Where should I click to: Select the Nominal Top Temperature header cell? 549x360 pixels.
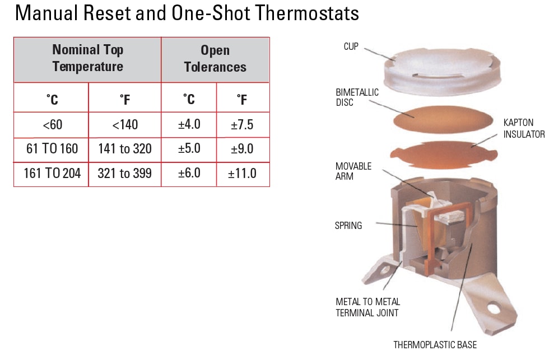pos(87,58)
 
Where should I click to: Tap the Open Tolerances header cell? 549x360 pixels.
pos(215,58)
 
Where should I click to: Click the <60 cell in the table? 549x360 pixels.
pos(52,124)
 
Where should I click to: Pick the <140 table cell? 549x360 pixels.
pos(125,124)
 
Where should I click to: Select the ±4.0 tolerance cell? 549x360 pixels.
pos(189,124)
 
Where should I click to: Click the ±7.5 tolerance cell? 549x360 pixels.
pos(242,124)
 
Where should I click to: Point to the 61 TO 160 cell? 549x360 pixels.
pos(52,149)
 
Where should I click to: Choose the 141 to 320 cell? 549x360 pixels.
pos(125,149)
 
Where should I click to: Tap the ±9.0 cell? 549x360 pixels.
pos(242,149)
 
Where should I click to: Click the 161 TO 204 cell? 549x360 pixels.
pos(52,174)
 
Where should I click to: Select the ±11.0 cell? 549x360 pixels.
pos(242,174)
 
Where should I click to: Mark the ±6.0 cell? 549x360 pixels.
pos(189,174)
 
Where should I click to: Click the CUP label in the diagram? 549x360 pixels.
pos(351,46)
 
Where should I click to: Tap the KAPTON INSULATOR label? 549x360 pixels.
pos(523,128)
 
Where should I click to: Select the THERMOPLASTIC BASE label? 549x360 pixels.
pos(435,345)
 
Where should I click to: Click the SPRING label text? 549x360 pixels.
pos(348,226)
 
